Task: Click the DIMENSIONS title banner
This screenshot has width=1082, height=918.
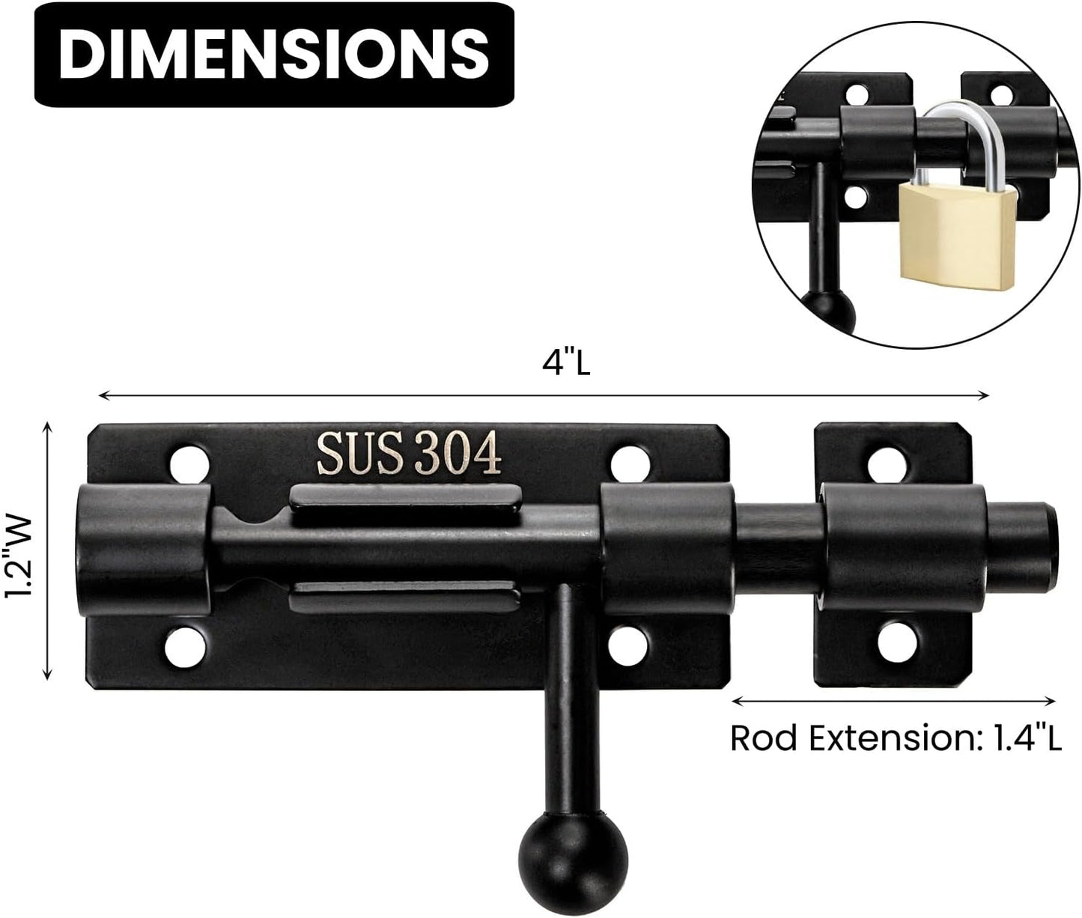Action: [x=273, y=53]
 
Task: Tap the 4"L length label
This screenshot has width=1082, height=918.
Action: [x=566, y=365]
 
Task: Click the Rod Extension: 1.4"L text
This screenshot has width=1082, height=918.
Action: [x=896, y=738]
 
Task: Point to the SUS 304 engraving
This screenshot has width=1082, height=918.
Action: [x=409, y=455]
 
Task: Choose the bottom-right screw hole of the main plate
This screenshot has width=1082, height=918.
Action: [x=630, y=642]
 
